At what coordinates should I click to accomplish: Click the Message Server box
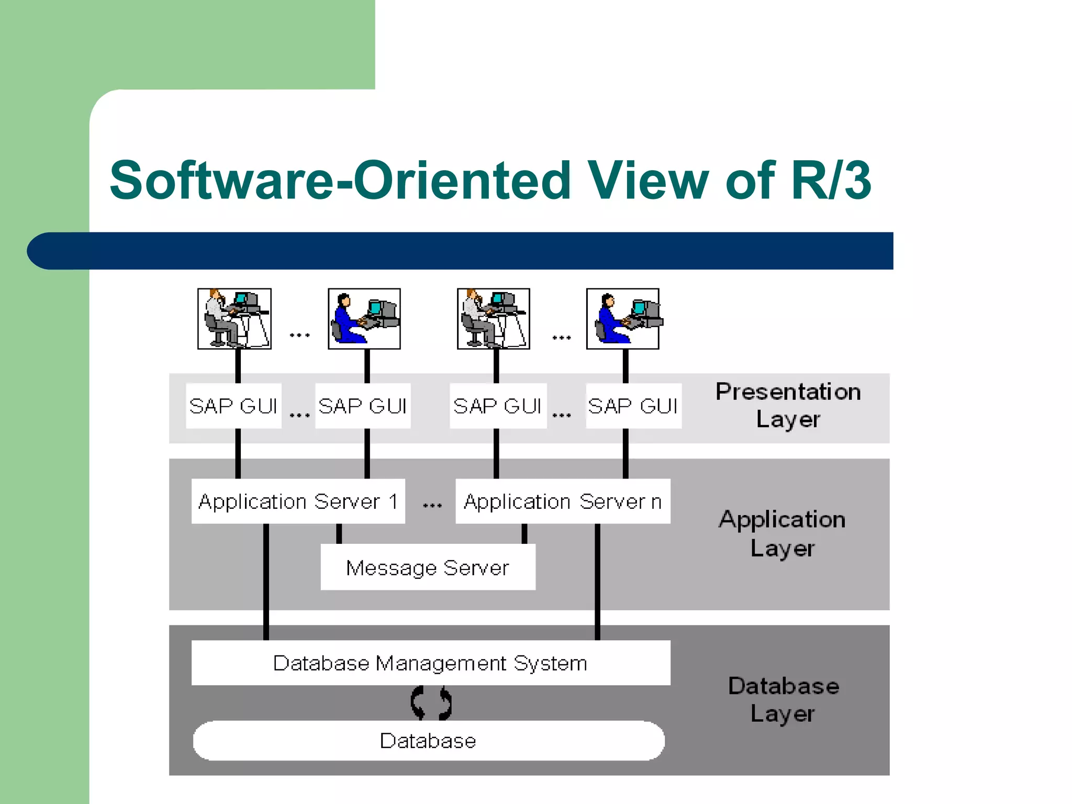(428, 567)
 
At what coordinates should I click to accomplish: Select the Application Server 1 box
(298, 501)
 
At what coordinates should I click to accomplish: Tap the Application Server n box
(563, 501)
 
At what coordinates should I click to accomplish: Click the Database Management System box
(430, 663)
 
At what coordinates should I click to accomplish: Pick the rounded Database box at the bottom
(428, 741)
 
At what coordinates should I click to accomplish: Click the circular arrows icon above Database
(431, 703)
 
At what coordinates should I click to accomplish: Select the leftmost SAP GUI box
(233, 406)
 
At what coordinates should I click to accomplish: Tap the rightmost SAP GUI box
(633, 406)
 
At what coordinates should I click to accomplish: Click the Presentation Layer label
(788, 406)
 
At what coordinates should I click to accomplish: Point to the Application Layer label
(782, 533)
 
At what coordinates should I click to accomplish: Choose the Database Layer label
(783, 700)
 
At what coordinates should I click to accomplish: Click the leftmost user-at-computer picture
(234, 318)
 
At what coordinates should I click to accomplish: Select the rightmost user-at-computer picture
(623, 318)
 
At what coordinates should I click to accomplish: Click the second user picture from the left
(364, 318)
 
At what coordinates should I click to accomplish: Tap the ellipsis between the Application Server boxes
(432, 505)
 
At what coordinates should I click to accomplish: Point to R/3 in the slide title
(831, 181)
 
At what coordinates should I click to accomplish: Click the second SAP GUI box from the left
(363, 406)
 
